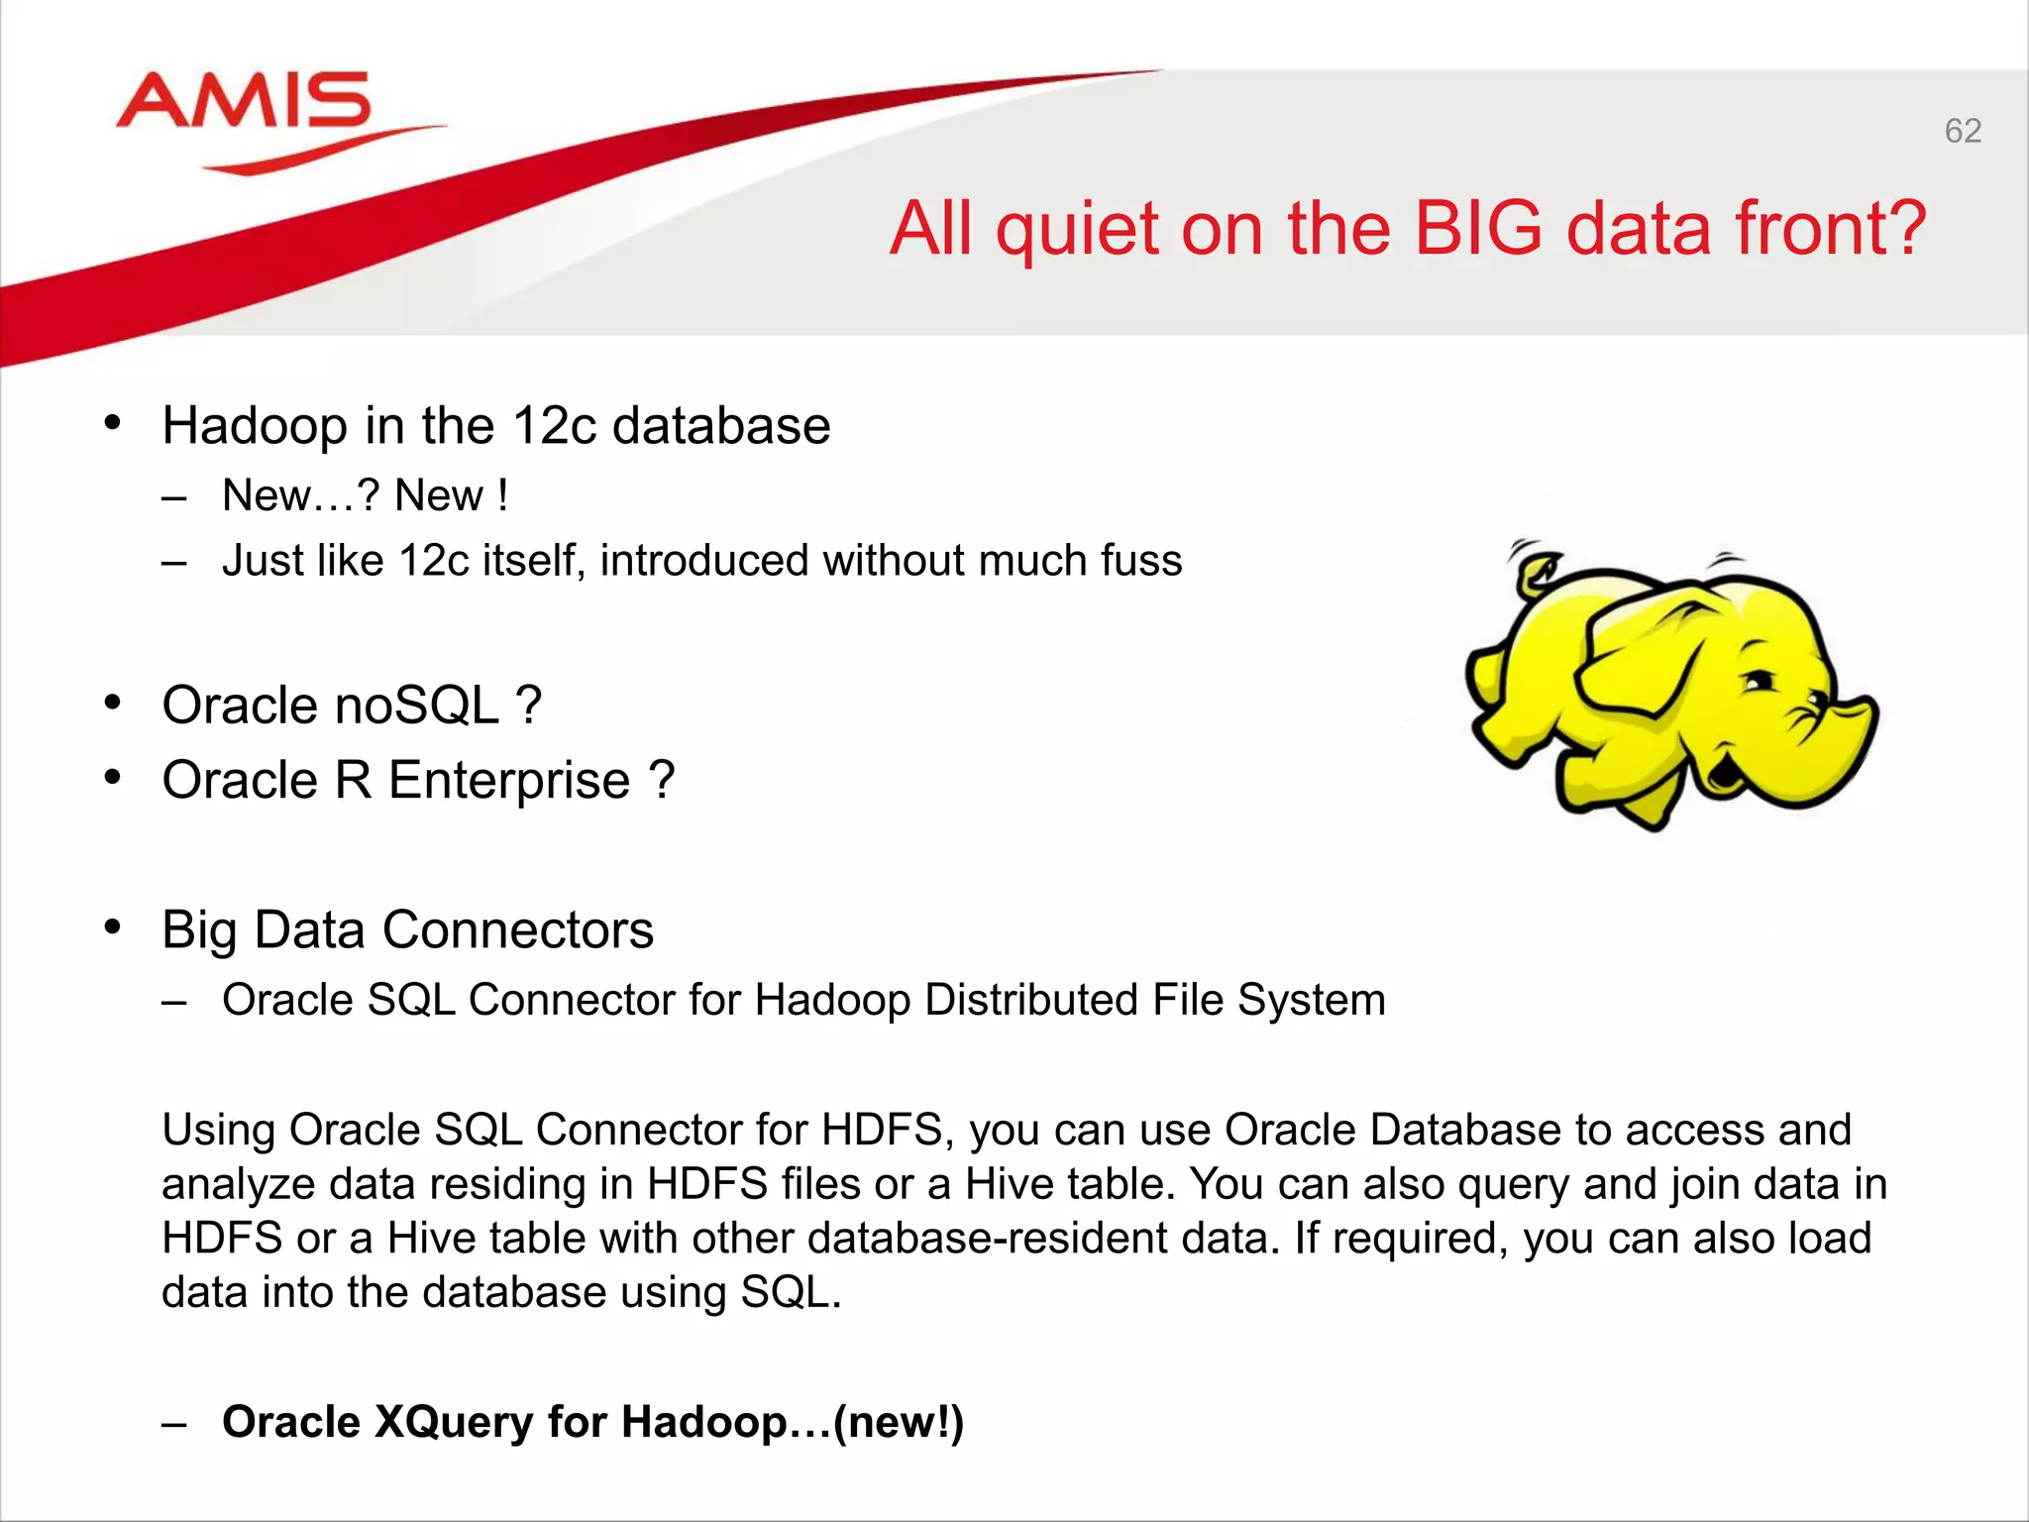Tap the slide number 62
pos(1963,131)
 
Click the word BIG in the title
pos(1478,229)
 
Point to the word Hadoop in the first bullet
pos(255,426)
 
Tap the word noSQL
pos(417,706)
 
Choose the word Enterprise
pos(509,781)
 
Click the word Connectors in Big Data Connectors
pos(517,930)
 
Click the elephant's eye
pos(1760,681)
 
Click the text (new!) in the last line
pos(898,1423)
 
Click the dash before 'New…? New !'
pos(174,497)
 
